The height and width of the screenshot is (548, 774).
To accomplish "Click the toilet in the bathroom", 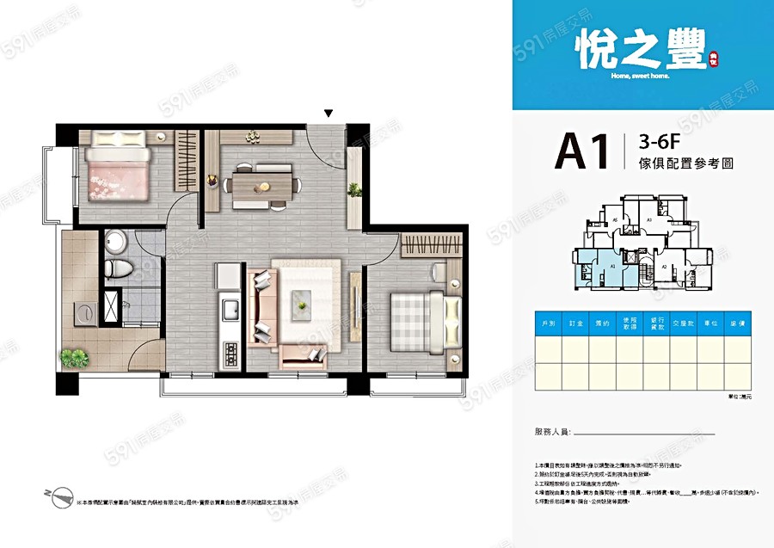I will click(x=118, y=266).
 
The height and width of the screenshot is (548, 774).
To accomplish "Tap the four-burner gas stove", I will click(x=230, y=353).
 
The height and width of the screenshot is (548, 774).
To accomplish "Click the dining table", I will click(x=263, y=184).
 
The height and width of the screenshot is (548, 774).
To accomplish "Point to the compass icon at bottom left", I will click(x=60, y=496).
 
